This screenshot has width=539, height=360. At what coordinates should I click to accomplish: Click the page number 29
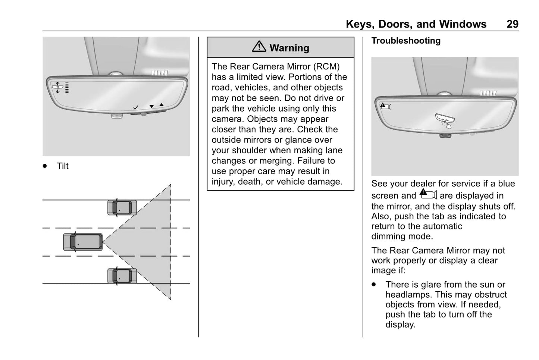(512, 24)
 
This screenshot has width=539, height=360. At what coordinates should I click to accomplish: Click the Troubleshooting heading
(406, 41)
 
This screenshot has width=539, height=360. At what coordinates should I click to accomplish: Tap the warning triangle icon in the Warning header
(259, 47)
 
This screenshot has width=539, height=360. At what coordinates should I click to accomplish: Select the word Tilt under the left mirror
(63, 166)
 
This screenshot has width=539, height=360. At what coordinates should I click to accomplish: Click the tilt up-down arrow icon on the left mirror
(58, 87)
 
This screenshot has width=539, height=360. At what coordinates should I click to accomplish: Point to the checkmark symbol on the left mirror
(136, 107)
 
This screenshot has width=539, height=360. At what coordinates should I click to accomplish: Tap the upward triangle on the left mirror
(161, 105)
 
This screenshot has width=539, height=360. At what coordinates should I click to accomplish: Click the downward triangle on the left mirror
(151, 106)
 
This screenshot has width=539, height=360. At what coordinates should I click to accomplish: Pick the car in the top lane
(122, 207)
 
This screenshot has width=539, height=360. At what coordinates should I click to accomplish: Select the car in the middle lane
(83, 241)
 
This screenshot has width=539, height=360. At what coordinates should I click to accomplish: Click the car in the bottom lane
(122, 276)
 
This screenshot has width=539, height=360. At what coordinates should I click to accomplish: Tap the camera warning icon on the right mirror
(385, 106)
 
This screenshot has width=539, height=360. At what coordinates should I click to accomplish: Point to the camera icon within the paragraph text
(428, 194)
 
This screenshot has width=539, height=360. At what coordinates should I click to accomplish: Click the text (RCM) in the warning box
(326, 66)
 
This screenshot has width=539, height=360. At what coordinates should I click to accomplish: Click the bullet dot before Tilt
(45, 166)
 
